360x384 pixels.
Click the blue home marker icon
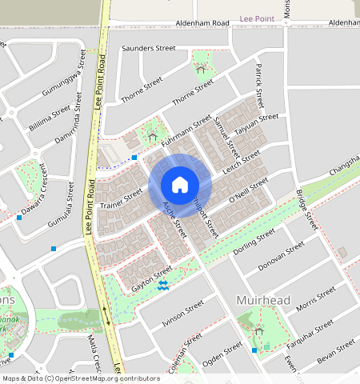coord(180,185)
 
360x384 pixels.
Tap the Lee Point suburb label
coord(257,17)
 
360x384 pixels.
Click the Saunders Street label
coord(148,49)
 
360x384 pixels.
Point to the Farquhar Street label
coord(313,330)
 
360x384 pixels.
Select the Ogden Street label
coord(222,351)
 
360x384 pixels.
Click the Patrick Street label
coord(258,85)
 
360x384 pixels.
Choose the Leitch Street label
coord(241,160)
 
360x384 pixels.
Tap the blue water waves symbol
coord(163,286)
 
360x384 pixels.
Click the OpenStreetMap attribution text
coord(81,378)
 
